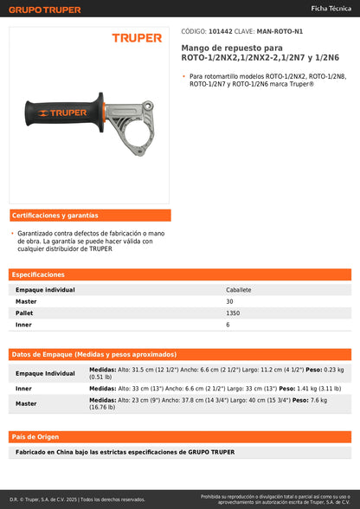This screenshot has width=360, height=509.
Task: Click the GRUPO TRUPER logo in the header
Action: pos(45,10)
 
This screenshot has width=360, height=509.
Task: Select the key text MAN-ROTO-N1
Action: pos(281,29)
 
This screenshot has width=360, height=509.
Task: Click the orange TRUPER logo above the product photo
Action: pos(137,38)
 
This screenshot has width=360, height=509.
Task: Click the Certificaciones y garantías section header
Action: pos(55,216)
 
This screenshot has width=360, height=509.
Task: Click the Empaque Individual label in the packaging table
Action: pos(45,373)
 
